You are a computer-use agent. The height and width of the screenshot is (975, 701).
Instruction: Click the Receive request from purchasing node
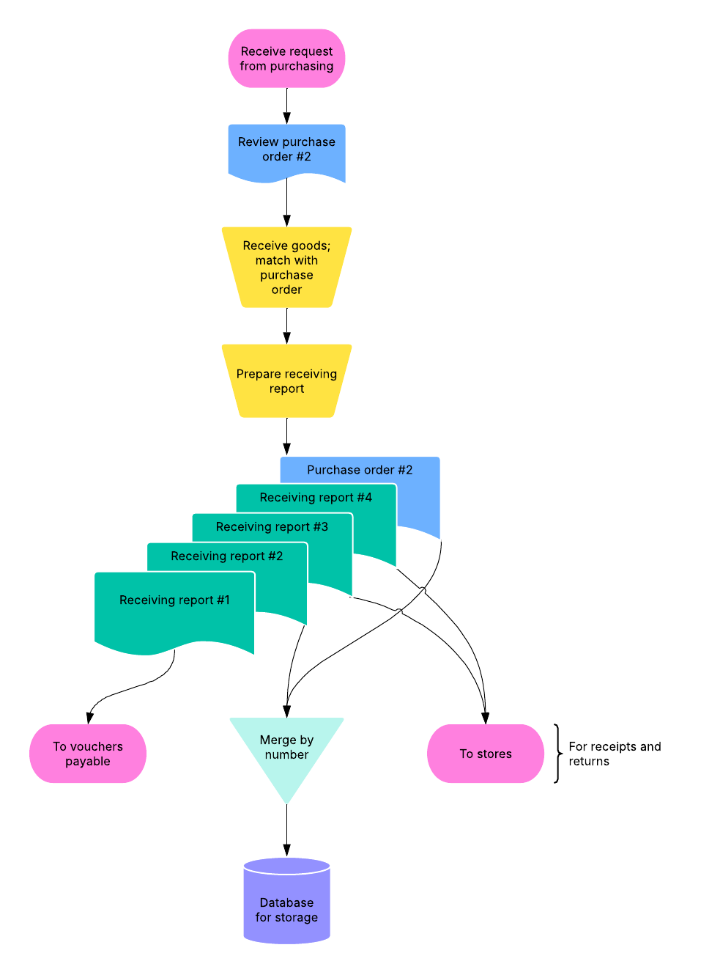click(x=286, y=59)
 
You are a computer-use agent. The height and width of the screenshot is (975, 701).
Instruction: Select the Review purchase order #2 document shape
click(x=286, y=150)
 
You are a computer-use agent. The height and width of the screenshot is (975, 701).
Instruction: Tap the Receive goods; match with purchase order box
click(x=286, y=268)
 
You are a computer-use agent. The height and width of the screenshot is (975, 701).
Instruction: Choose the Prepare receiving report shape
click(x=286, y=381)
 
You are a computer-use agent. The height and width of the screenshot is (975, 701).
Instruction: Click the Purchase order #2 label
click(x=360, y=470)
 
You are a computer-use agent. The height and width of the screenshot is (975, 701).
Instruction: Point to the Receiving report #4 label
click(x=316, y=498)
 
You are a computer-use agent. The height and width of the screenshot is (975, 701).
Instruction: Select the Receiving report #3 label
click(x=272, y=527)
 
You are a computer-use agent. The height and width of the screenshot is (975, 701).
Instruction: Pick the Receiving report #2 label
click(x=227, y=556)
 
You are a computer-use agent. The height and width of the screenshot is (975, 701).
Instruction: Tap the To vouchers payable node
click(x=88, y=754)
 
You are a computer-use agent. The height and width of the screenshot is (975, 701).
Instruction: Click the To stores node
click(x=486, y=754)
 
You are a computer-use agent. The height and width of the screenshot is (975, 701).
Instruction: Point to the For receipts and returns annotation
click(x=615, y=754)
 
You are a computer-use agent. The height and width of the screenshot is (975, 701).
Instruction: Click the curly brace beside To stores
click(x=557, y=754)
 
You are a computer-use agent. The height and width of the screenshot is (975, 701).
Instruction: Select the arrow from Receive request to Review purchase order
click(x=286, y=106)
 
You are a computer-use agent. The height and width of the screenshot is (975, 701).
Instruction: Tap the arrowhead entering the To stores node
click(x=485, y=718)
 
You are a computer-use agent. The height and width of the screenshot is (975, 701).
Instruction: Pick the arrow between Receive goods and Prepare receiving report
click(x=286, y=325)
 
